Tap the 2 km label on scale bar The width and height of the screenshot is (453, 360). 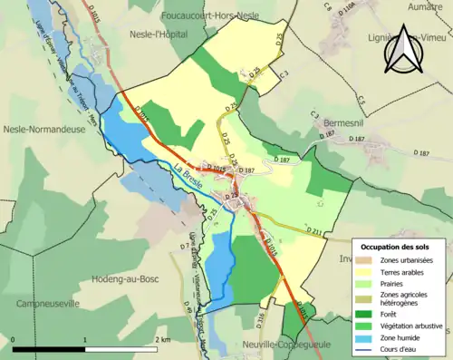pos(161,339)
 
